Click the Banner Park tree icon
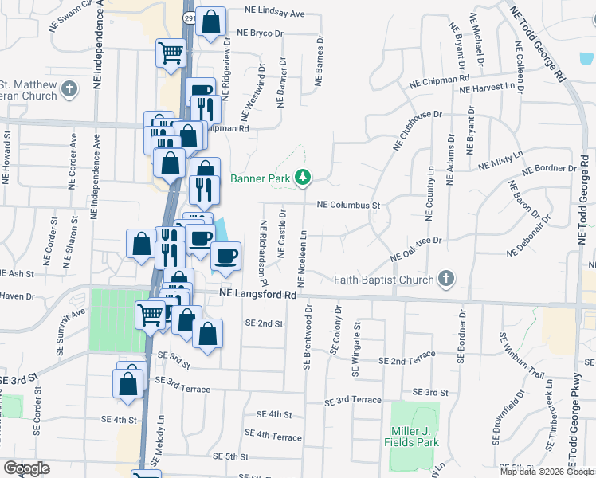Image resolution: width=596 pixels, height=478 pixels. point(302,177)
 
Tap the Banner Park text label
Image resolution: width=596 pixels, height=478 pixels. point(261,178)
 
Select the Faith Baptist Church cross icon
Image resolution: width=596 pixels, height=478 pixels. point(446,279)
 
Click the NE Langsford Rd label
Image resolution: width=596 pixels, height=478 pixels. point(257,294)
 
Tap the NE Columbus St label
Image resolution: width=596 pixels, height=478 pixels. point(348,205)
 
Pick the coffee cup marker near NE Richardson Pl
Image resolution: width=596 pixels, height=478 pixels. point(225,256)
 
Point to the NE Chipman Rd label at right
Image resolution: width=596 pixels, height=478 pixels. point(438,80)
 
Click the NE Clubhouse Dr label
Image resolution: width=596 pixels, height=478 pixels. point(417,130)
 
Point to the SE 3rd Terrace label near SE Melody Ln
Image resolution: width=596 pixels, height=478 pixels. point(182,385)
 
